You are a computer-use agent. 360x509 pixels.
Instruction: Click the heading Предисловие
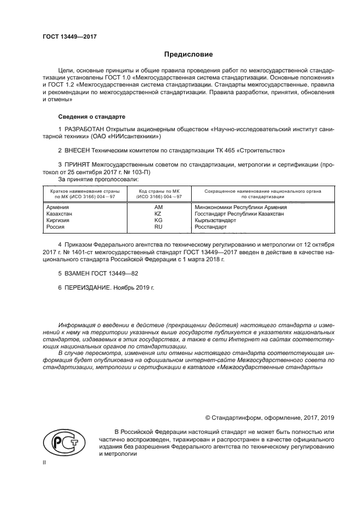(x=189, y=54)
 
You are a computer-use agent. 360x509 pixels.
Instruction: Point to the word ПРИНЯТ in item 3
(x=77, y=164)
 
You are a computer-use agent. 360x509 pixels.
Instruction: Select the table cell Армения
(x=57, y=207)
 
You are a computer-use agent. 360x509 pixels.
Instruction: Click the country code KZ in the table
(x=158, y=214)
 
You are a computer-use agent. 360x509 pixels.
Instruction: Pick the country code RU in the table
(x=158, y=227)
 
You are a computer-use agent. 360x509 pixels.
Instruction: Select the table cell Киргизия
(x=59, y=220)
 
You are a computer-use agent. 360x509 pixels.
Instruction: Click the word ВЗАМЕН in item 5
(x=79, y=274)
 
